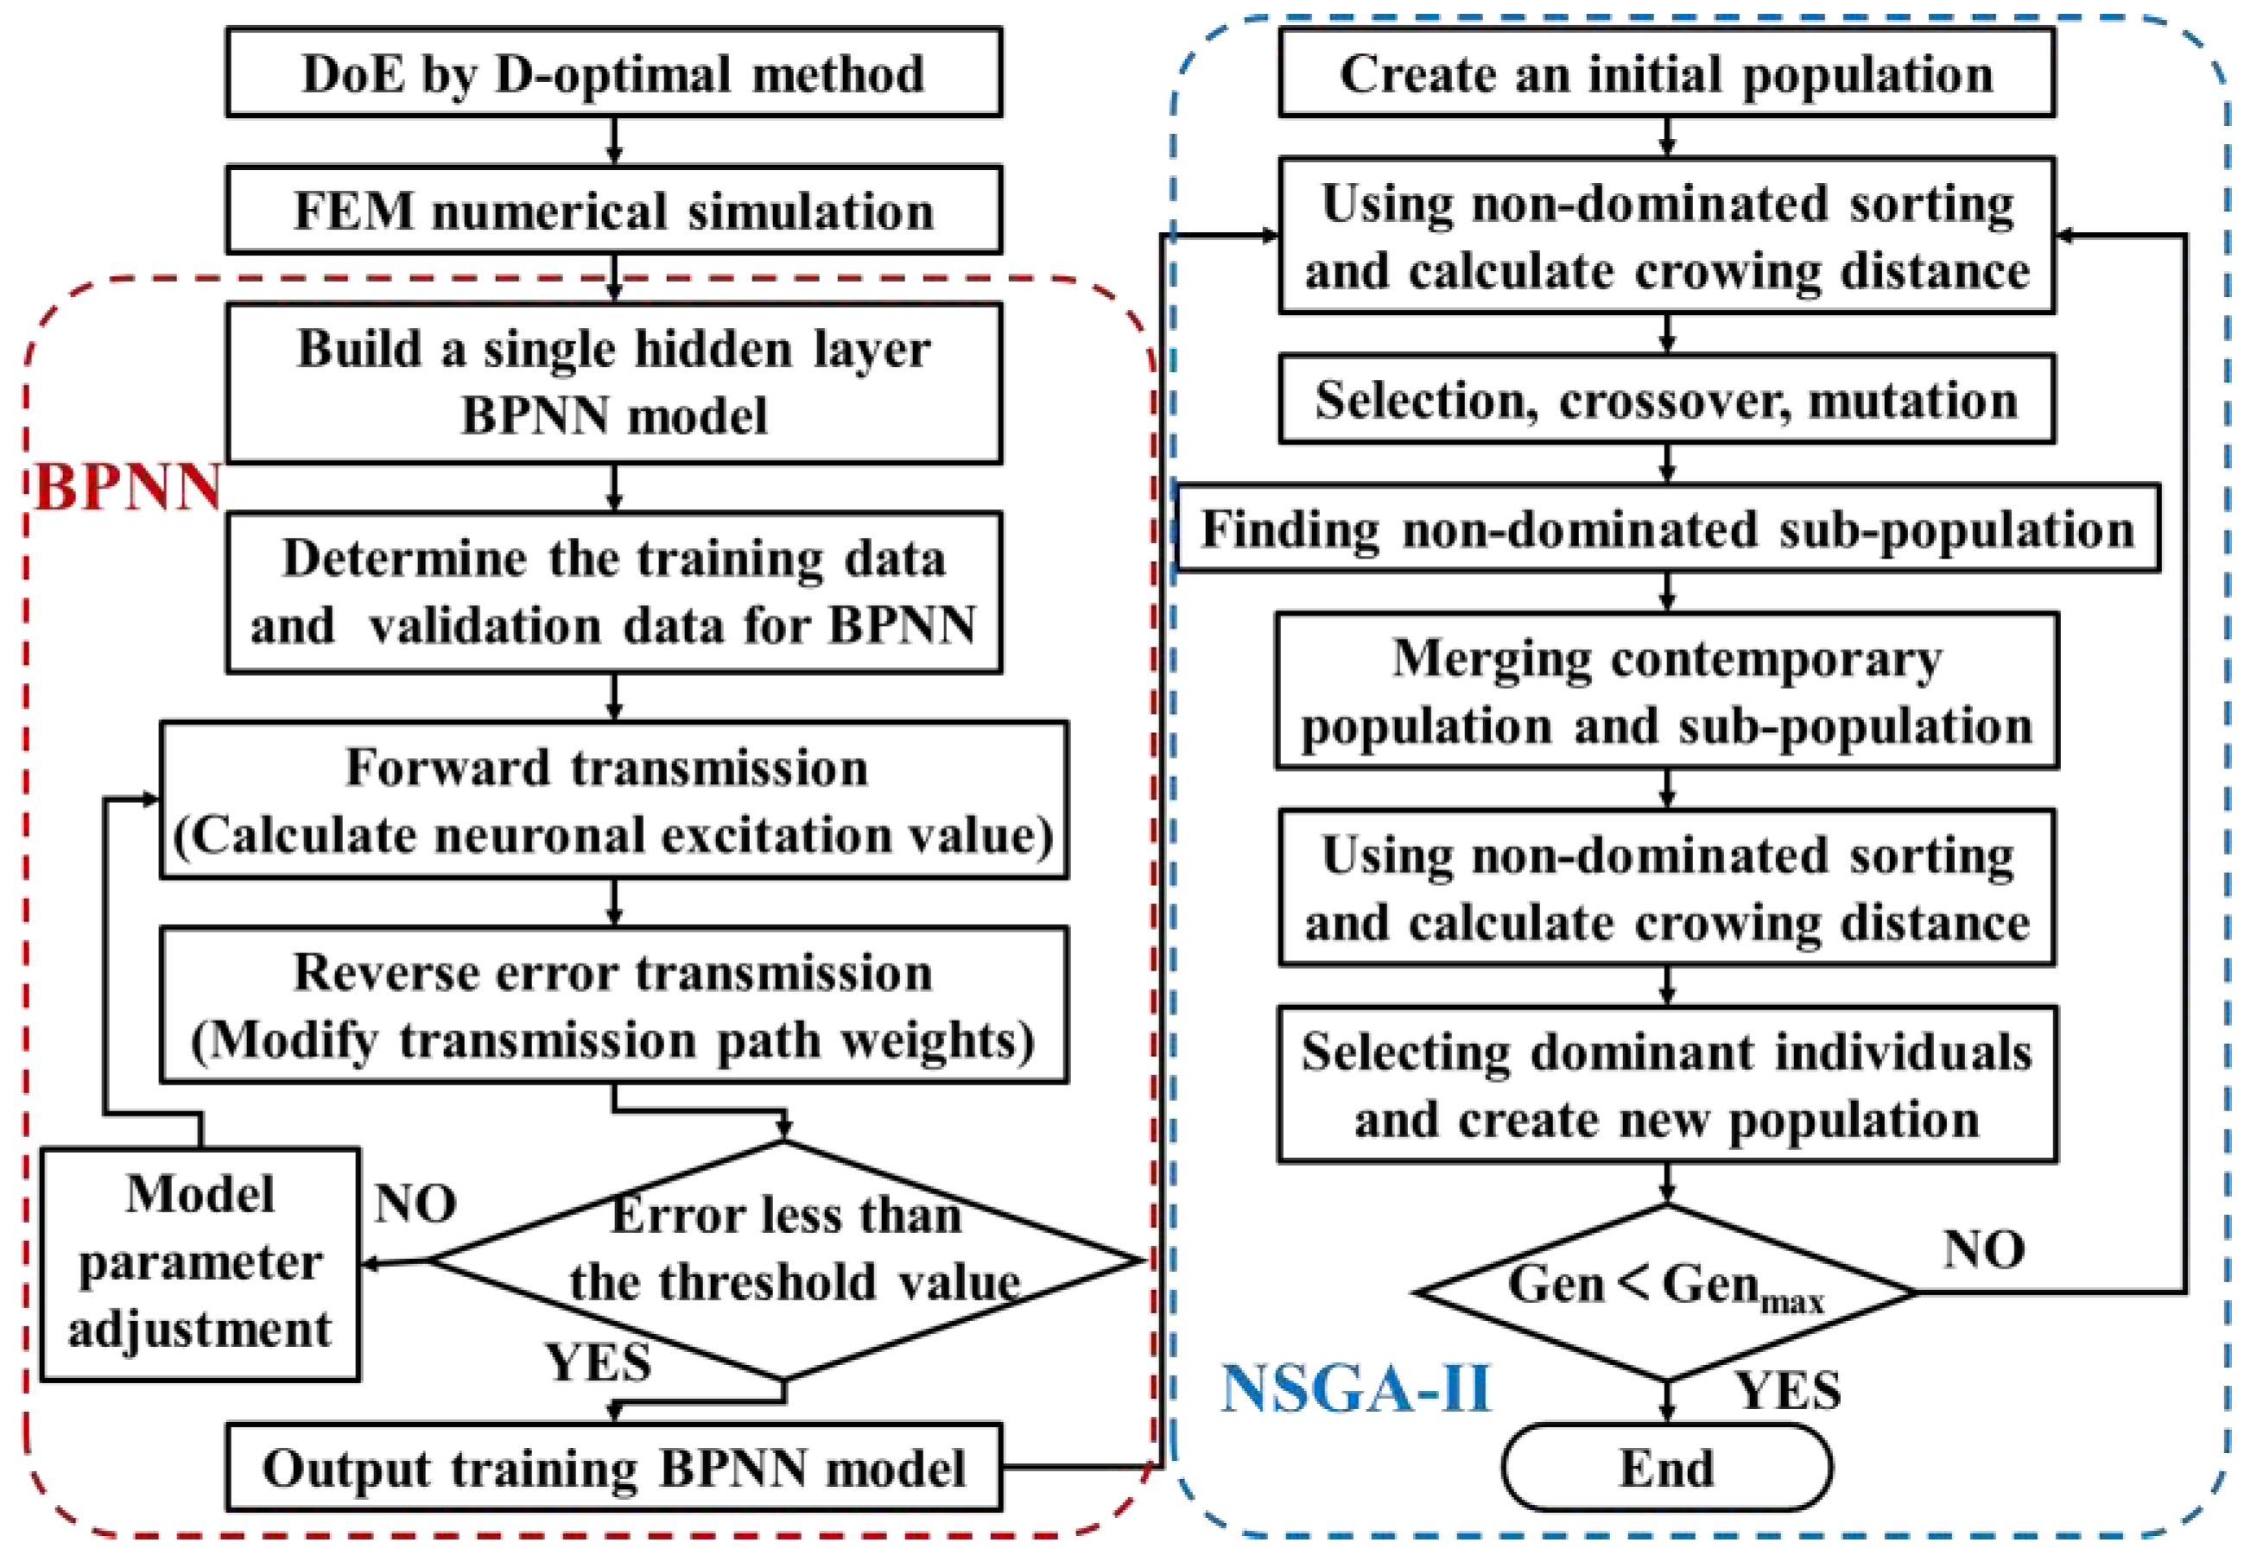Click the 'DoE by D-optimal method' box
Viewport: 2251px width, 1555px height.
pyautogui.click(x=614, y=73)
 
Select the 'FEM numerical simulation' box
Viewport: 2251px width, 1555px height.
pyautogui.click(x=614, y=211)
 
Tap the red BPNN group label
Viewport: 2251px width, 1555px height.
pyautogui.click(x=128, y=487)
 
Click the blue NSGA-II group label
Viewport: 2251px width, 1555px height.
pyautogui.click(x=1355, y=1388)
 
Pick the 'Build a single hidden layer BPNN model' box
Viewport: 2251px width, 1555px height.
pyautogui.click(x=614, y=382)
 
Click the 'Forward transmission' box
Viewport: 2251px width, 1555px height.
pyautogui.click(x=614, y=801)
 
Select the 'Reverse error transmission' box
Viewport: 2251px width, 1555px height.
pyautogui.click(x=614, y=1006)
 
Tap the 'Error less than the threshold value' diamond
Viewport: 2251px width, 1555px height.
pyautogui.click(x=785, y=1260)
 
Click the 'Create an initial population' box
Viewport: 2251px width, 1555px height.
pyautogui.click(x=1666, y=73)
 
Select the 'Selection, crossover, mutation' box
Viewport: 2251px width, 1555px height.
pyautogui.click(x=1666, y=400)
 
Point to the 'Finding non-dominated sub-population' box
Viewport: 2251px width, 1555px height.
pyautogui.click(x=1666, y=529)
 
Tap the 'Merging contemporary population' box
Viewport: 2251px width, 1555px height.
pyautogui.click(x=1666, y=692)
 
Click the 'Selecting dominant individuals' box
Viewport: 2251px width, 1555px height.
pyautogui.click(x=1666, y=1084)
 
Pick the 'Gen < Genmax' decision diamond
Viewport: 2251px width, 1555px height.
pyautogui.click(x=1666, y=1292)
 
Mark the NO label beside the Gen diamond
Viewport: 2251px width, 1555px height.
pyautogui.click(x=1984, y=1249)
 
